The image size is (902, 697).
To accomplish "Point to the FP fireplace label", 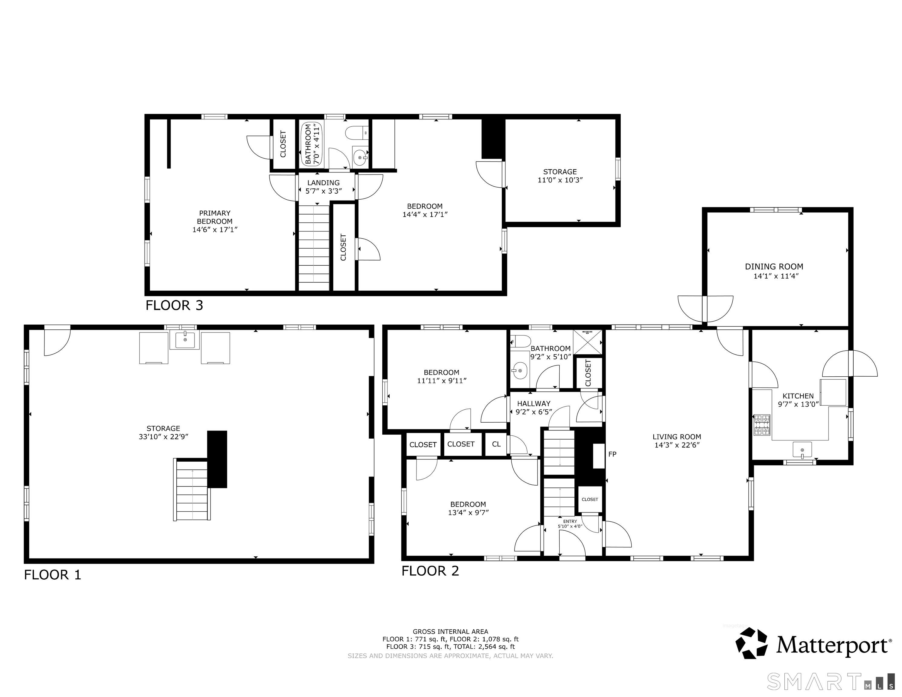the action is coord(612,454).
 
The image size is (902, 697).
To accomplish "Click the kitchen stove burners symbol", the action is coord(762,425).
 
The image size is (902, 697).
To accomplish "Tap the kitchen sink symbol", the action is coord(802,450).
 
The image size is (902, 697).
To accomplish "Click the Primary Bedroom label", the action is coord(215,217).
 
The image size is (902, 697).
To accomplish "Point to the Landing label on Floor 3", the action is coord(323,183).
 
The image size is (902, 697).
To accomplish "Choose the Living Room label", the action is coord(676,437).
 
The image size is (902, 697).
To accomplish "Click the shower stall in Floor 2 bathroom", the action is coord(588,342).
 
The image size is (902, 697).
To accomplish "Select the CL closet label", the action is coord(496,444).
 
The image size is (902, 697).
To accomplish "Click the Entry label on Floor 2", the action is coord(570,522).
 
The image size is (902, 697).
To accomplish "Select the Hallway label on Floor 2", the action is coord(534,404).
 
